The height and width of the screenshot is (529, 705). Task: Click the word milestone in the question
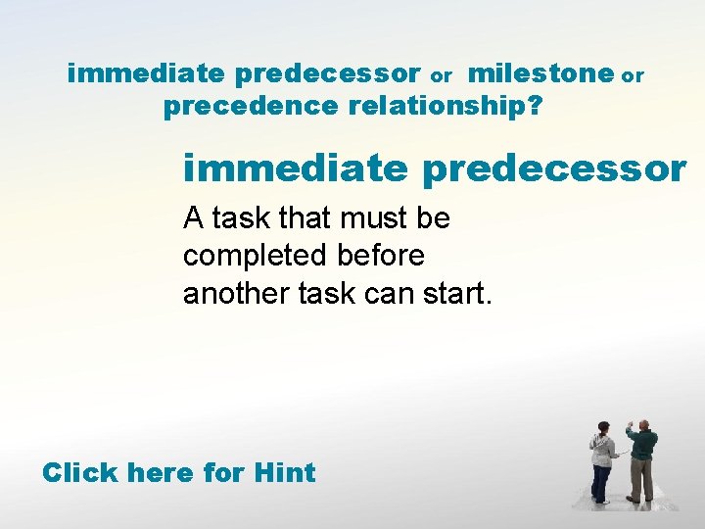(540, 73)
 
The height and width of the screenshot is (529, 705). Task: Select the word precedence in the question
(251, 107)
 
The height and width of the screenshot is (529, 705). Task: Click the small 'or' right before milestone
(442, 76)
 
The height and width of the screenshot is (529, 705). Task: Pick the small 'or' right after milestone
(634, 76)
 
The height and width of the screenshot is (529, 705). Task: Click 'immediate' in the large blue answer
(295, 168)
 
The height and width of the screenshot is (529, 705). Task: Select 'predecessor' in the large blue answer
(554, 168)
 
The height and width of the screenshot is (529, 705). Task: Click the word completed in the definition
(256, 256)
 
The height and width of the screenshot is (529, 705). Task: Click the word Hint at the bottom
(284, 473)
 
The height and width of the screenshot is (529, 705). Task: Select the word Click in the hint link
(81, 473)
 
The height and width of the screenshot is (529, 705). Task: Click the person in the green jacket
(641, 461)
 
